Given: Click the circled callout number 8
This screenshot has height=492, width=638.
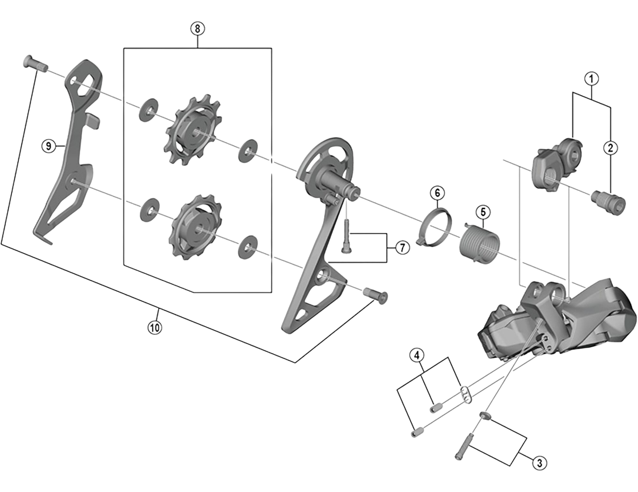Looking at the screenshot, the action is point(197,29).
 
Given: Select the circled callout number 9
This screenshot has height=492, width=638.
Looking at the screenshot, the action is point(49,146).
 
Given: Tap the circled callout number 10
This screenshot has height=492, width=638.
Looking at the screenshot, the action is point(155,328).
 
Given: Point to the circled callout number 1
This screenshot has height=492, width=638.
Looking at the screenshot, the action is point(591,79).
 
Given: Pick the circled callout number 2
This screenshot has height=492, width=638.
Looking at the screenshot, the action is point(610,148).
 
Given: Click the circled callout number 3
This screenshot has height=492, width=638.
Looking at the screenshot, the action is point(540,462).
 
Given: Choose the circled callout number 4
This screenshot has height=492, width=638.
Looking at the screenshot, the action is point(417,355).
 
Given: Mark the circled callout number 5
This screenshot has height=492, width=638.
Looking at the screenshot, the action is point(483,212).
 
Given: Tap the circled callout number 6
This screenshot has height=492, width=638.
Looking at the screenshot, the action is point(437,193).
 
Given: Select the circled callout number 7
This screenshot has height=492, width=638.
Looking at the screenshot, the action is point(402,247).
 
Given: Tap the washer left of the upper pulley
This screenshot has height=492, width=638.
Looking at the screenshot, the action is point(148,110).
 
